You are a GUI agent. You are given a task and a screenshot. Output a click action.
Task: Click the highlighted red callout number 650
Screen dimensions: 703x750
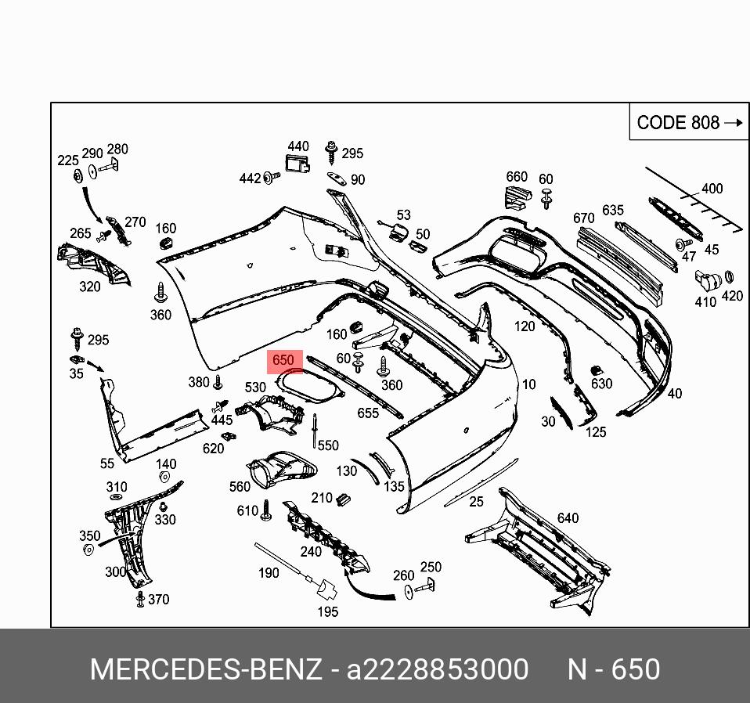click(283, 361)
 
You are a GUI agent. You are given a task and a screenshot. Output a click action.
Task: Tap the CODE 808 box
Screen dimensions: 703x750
click(689, 123)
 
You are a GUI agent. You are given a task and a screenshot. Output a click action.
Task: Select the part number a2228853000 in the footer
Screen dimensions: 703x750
click(438, 670)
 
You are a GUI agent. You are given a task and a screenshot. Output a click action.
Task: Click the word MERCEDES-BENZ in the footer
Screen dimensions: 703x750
click(205, 670)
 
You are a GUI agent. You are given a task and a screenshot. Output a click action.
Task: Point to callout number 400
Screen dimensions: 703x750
click(712, 189)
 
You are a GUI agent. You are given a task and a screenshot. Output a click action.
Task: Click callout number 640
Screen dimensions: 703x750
click(568, 517)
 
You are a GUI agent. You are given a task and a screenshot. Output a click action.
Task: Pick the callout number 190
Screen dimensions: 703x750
click(269, 573)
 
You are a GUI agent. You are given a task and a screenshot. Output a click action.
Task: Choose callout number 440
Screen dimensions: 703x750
click(298, 146)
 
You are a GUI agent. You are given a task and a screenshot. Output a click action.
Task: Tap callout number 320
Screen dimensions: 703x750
click(90, 287)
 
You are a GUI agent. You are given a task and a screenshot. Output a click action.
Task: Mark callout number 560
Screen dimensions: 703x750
click(240, 487)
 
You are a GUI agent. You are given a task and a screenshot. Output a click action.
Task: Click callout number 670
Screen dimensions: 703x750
click(584, 218)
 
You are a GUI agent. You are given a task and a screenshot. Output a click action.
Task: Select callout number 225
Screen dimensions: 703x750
click(68, 160)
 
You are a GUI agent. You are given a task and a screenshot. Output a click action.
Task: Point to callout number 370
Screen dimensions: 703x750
click(158, 600)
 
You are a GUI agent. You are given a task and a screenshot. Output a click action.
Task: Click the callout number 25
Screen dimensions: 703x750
click(477, 502)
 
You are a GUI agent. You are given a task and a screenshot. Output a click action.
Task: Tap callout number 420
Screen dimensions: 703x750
click(732, 296)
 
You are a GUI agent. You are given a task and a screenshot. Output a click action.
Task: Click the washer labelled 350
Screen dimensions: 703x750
click(88, 550)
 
